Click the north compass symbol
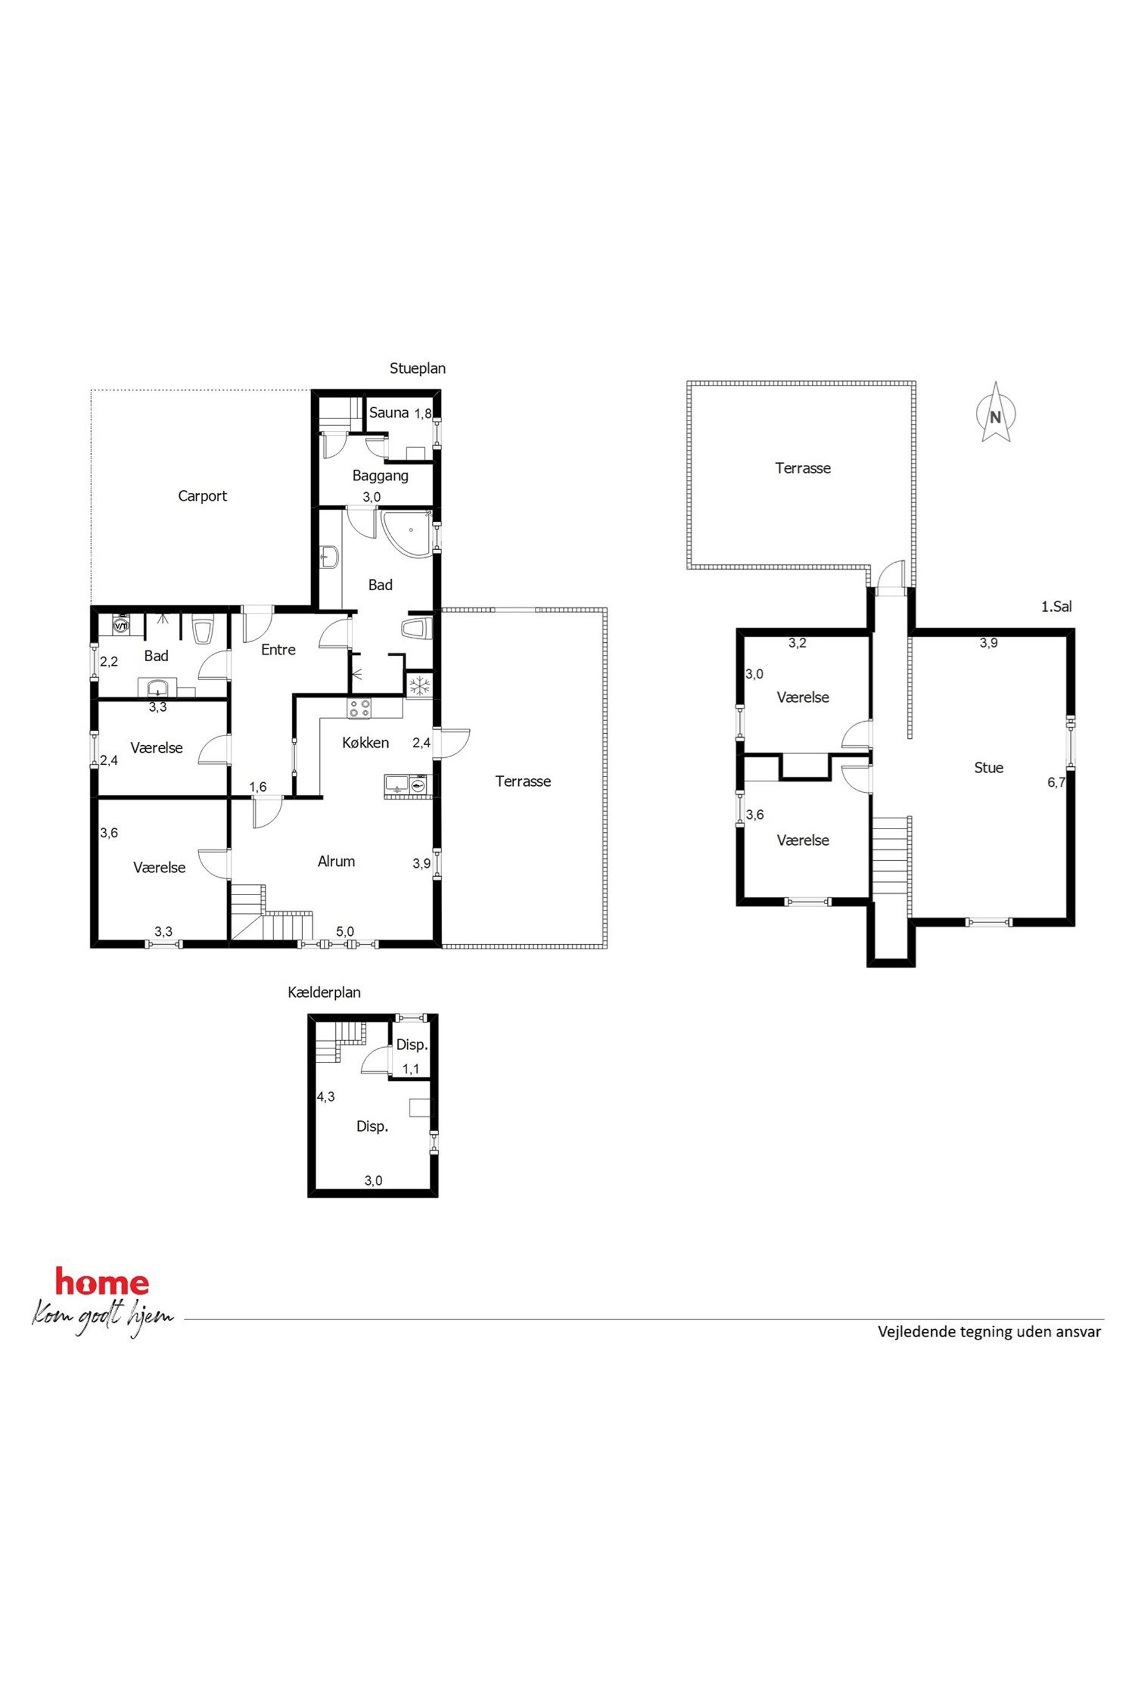pyautogui.click(x=996, y=412)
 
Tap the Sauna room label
pyautogui.click(x=388, y=412)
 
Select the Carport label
pyautogui.click(x=203, y=496)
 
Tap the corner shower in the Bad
pyautogui.click(x=407, y=535)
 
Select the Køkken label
pyautogui.click(x=366, y=742)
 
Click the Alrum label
pyautogui.click(x=336, y=861)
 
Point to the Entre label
pyautogui.click(x=278, y=650)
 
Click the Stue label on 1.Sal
pyautogui.click(x=989, y=768)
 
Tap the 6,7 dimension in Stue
pyautogui.click(x=1056, y=782)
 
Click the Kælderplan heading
pyautogui.click(x=324, y=992)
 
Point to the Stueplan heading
pyautogui.click(x=418, y=368)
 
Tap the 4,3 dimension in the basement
pyautogui.click(x=326, y=1096)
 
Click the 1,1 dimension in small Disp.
pyautogui.click(x=411, y=1068)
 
